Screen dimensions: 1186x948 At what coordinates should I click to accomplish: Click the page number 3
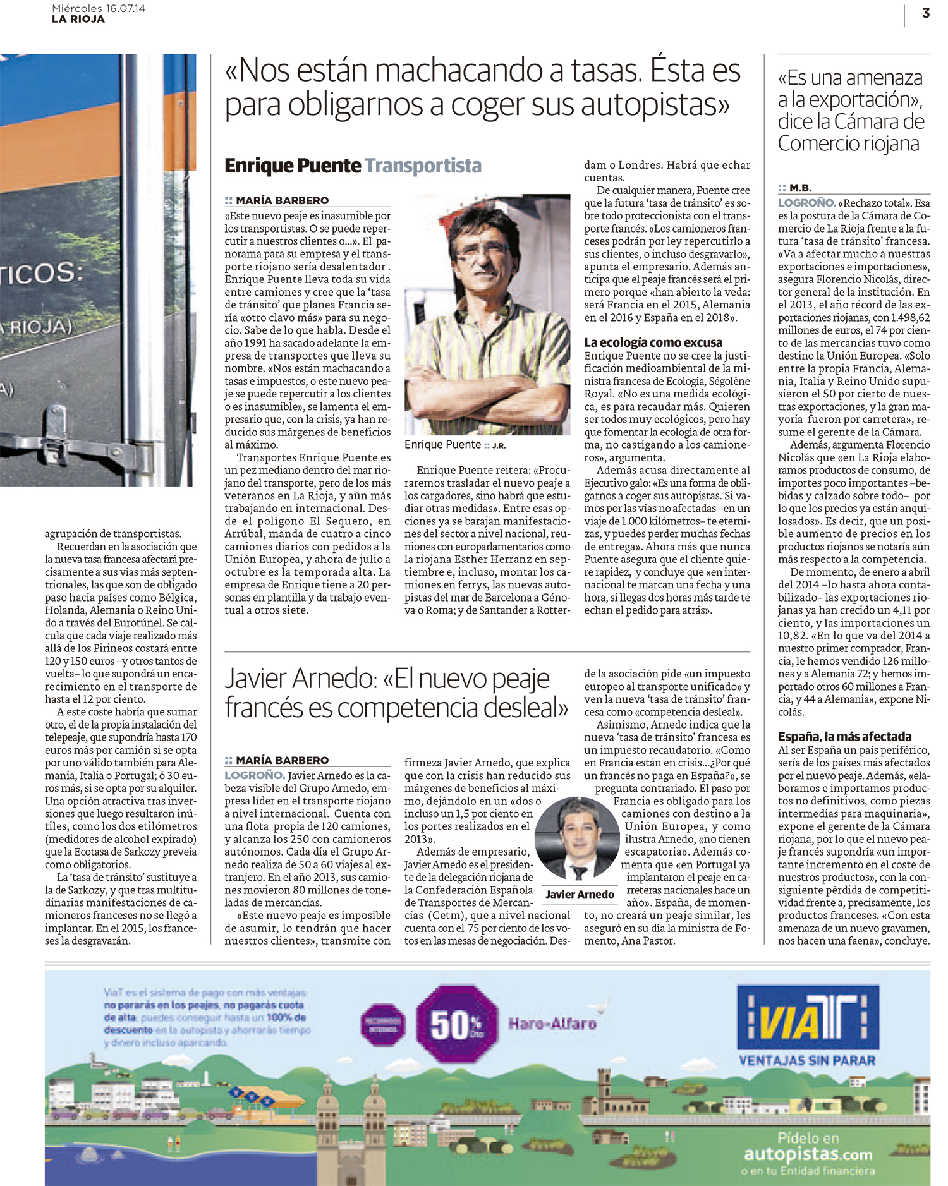(925, 13)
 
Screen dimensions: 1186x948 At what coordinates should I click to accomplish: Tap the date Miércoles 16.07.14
(99, 8)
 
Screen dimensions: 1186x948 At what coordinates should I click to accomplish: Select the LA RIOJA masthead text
(78, 19)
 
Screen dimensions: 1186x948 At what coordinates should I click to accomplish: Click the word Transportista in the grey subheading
(423, 166)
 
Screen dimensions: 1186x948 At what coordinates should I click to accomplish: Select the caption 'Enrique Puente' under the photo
(442, 445)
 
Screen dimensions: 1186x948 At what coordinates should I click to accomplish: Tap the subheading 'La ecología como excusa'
(653, 342)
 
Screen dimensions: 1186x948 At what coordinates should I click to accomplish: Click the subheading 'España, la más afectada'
(844, 736)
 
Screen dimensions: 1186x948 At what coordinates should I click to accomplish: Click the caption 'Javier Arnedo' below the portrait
(580, 894)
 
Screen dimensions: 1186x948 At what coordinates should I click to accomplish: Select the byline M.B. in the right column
(800, 188)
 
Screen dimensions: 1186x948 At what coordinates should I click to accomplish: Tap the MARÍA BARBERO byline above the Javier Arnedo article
(282, 760)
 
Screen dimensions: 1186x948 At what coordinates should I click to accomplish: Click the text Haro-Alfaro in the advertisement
(552, 1023)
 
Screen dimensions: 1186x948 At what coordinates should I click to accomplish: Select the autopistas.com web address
(808, 1154)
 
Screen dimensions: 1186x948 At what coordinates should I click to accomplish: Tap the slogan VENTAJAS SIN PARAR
(807, 1060)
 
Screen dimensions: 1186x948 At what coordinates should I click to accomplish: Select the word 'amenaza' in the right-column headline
(885, 78)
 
